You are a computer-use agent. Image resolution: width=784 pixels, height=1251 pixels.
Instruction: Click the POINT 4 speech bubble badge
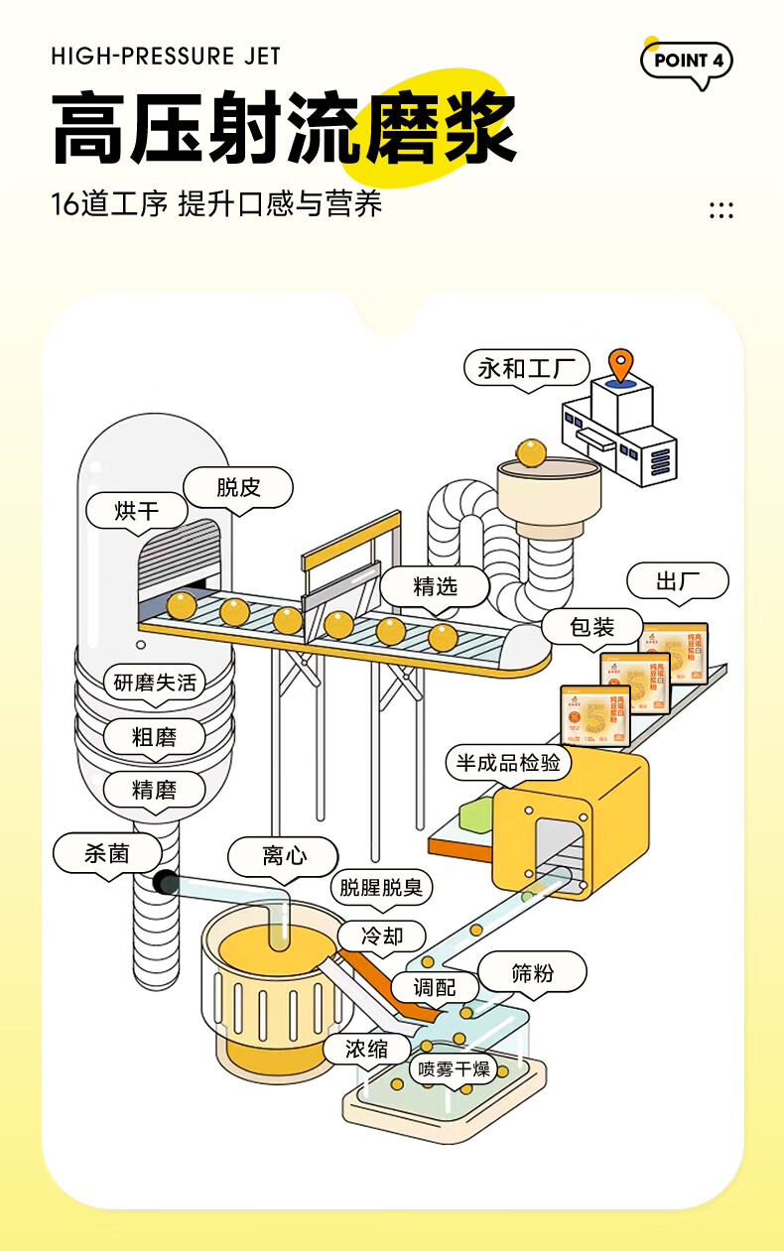[x=687, y=61]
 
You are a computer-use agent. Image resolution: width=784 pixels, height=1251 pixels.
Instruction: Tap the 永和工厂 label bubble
[x=526, y=369]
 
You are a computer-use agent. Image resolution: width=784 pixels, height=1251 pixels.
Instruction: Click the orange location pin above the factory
[x=622, y=365]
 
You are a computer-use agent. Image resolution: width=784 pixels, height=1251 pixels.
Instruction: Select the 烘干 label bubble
[x=137, y=511]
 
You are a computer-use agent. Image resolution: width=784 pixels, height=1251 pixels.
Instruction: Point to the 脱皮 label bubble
[x=238, y=487]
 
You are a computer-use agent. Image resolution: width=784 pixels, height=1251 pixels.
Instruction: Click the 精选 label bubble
[x=435, y=586]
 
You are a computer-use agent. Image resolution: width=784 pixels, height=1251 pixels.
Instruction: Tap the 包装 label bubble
[x=592, y=627]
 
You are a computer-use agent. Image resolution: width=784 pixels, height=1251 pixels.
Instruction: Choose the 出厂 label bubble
[x=679, y=581]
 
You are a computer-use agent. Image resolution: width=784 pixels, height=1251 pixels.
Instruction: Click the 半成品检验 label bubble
[x=508, y=762]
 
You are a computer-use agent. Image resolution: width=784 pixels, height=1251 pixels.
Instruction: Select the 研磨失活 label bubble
[x=155, y=683]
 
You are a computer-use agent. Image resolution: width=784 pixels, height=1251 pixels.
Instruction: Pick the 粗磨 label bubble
[x=154, y=737]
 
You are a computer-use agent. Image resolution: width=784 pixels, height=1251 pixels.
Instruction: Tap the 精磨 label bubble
[x=154, y=790]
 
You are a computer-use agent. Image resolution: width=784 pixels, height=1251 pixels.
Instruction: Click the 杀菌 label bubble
[x=106, y=853]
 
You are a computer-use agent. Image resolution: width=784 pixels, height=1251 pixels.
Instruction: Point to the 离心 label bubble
[x=283, y=855]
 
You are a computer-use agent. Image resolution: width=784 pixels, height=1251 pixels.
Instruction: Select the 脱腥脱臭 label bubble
[x=381, y=888]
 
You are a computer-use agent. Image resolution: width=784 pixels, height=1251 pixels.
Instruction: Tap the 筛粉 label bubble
[x=532, y=973]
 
